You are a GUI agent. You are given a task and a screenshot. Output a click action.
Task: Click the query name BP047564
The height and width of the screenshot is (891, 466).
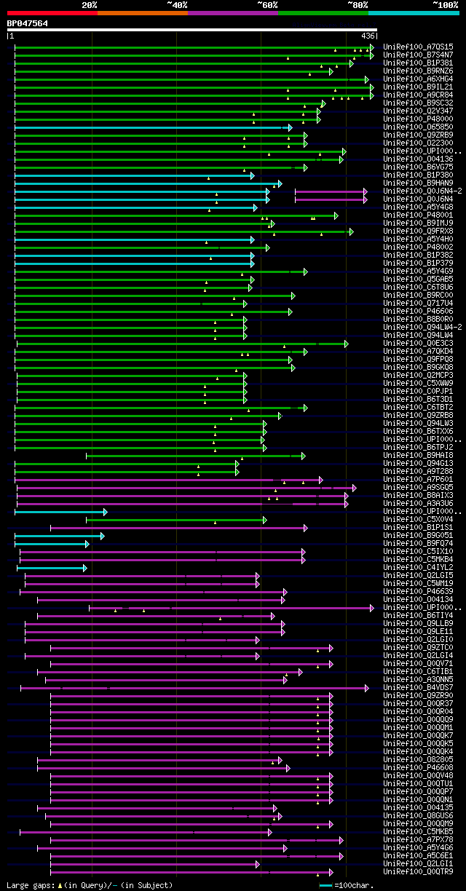click(x=28, y=23)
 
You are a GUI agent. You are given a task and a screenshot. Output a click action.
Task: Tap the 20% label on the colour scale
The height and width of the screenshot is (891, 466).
click(x=90, y=4)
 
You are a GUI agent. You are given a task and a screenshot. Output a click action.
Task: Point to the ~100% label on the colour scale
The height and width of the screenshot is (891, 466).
click(x=445, y=4)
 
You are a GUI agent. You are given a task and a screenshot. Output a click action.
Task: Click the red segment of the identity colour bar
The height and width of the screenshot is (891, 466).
click(x=52, y=12)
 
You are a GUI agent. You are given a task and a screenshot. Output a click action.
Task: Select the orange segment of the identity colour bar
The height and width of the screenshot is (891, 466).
click(x=142, y=12)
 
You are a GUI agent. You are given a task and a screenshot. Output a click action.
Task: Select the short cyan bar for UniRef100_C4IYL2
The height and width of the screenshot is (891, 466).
click(x=51, y=568)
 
